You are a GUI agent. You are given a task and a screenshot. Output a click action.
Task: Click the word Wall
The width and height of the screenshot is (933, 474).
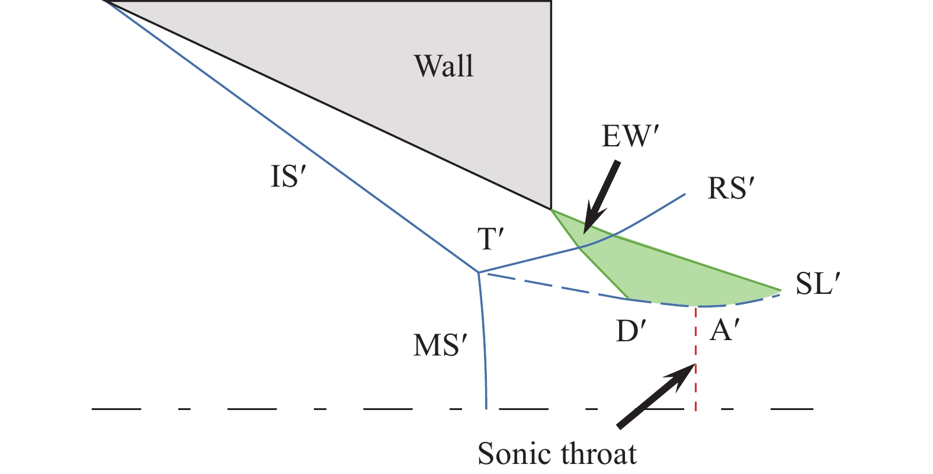444,66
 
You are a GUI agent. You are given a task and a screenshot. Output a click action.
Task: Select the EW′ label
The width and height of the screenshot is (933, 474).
630,137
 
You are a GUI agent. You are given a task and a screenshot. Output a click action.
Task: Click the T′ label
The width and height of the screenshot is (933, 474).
491,239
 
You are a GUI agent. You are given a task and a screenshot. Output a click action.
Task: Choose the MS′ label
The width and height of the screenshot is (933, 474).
437,345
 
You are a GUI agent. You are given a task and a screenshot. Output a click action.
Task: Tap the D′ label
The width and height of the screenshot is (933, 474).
630,332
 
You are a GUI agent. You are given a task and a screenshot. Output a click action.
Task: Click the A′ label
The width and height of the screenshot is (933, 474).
722,331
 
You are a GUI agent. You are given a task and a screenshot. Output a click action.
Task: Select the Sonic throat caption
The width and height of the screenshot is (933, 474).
557,454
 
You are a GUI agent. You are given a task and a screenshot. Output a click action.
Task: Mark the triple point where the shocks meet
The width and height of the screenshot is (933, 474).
479,273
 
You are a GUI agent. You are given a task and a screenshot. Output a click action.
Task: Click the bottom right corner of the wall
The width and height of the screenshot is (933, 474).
552,209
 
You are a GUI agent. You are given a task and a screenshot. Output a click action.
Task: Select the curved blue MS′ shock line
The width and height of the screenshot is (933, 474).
485,344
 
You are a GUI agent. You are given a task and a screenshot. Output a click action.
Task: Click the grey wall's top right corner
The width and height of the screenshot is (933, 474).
552,2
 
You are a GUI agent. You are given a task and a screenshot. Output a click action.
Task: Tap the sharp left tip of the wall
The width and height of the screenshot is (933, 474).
104,2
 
